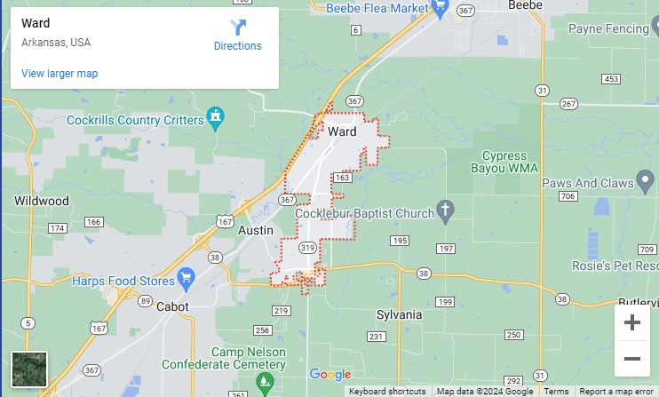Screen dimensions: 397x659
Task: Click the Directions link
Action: coord(237,36)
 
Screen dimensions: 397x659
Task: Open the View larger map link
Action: coord(60,74)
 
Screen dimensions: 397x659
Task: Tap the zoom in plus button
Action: coord(632,322)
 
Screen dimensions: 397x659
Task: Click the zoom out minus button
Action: coord(632,359)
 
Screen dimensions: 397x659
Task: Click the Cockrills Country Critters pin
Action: coord(214,116)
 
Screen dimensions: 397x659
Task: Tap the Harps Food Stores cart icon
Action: coord(186,279)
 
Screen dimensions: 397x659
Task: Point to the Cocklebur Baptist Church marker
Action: coord(446,210)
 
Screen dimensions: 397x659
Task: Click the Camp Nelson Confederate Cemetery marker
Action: coord(264,382)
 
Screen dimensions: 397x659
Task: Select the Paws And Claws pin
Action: coord(647,183)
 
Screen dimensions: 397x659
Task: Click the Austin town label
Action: coord(256,230)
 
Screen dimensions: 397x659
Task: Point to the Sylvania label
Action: coord(399,315)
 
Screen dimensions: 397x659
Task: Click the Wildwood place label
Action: coord(42,201)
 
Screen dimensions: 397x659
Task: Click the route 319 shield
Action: coord(307,247)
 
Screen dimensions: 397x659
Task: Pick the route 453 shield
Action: coord(610,79)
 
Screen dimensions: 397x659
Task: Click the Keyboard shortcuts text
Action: coord(387,392)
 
